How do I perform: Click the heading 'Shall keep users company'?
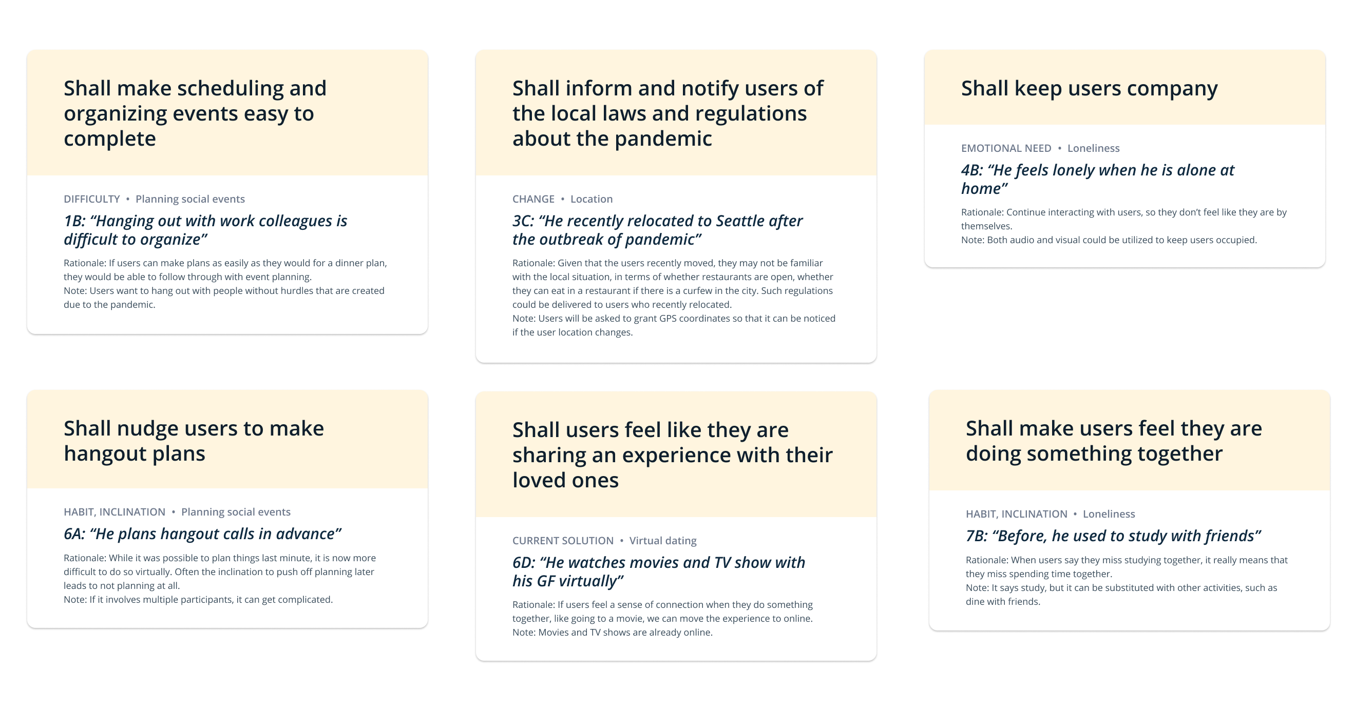click(x=1089, y=89)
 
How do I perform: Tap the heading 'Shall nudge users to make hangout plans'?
click(x=194, y=441)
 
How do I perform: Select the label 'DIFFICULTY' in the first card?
click(x=92, y=199)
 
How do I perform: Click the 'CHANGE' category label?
click(x=533, y=199)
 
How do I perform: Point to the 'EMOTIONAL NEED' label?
click(x=1006, y=148)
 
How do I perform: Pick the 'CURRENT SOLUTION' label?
click(x=563, y=540)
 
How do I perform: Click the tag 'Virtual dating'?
click(x=663, y=540)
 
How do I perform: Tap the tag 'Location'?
click(x=592, y=199)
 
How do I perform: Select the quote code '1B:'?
click(x=74, y=221)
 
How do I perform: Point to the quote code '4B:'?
click(x=972, y=170)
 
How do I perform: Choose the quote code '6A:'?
click(x=74, y=534)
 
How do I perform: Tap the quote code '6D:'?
click(x=524, y=563)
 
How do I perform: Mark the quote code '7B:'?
click(x=977, y=536)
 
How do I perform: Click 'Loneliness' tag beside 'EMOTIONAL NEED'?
click(x=1093, y=148)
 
